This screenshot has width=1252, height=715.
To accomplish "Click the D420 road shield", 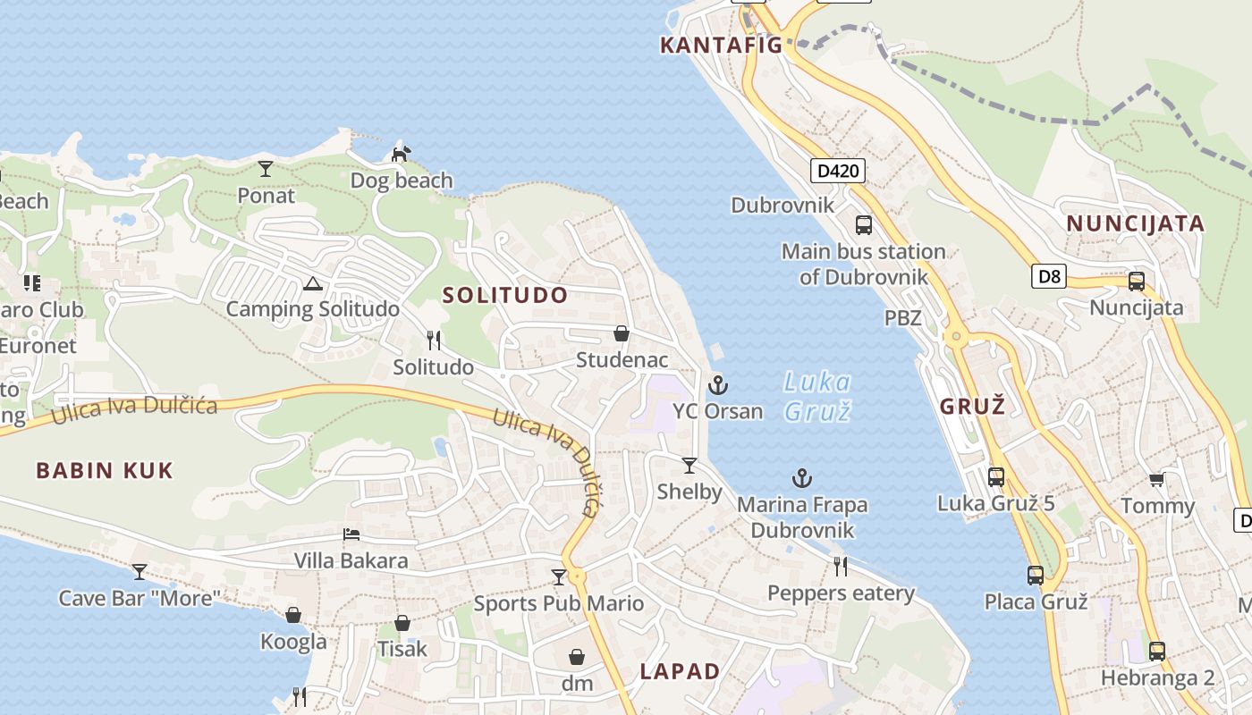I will [x=838, y=170].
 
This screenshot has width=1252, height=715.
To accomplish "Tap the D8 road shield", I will [x=1050, y=276].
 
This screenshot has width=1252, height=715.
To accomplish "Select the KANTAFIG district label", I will [x=721, y=45].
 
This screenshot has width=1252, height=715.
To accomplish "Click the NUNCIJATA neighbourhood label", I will [x=1136, y=223].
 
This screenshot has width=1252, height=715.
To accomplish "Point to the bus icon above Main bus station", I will [x=863, y=224].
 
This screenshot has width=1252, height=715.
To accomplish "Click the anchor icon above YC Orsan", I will [x=717, y=385].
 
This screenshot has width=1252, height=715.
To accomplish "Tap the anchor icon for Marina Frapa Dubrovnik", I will [x=802, y=478].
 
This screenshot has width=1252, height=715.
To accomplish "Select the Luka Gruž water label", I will [x=817, y=396].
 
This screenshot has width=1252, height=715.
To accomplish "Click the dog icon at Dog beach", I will [x=401, y=154].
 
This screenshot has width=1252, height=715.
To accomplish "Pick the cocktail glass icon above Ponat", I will [x=266, y=168].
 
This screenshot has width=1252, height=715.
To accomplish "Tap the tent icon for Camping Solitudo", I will [x=312, y=284].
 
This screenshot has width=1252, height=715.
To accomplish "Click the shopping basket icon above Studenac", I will [x=622, y=333].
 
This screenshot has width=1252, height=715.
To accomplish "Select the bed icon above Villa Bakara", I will [x=351, y=534].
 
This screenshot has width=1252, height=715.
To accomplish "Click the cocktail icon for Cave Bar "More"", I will [x=140, y=571].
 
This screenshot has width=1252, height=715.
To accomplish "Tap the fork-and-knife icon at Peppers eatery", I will [x=841, y=566].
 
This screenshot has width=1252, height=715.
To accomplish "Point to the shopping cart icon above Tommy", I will [x=1156, y=480].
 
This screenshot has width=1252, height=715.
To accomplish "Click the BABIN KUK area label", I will [x=105, y=470].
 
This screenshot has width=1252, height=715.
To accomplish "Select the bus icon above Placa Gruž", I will [x=1036, y=575].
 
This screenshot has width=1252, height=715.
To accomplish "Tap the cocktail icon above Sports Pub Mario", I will [x=559, y=576].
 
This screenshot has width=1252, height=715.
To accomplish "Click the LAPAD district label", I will [x=680, y=671].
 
